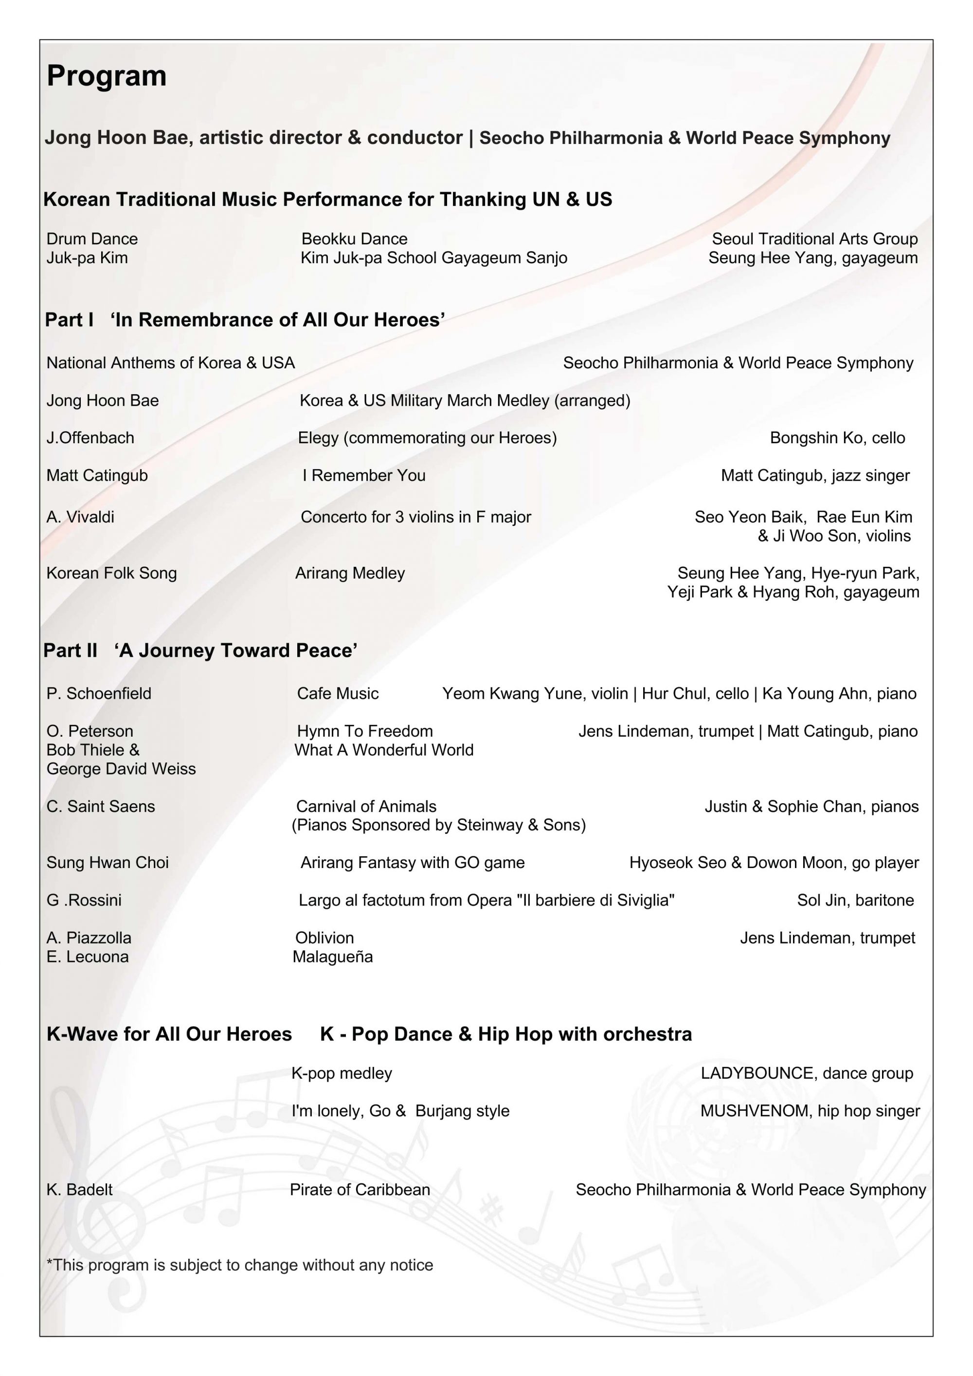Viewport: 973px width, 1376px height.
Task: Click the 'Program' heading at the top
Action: tap(107, 76)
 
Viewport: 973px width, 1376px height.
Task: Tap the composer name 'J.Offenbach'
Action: tap(90, 437)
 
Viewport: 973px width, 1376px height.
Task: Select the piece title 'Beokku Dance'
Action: tap(354, 238)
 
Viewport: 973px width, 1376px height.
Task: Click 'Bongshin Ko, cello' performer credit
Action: tap(837, 437)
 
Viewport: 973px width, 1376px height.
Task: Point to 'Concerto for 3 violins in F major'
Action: tap(416, 517)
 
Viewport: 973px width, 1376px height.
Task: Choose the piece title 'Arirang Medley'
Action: tap(350, 573)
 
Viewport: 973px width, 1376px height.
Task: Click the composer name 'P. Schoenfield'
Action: tap(99, 693)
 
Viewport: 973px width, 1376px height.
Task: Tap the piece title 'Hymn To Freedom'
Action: tap(365, 731)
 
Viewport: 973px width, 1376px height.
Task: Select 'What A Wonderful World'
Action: tap(384, 750)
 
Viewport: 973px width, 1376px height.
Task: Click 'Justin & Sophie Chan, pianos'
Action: tap(811, 806)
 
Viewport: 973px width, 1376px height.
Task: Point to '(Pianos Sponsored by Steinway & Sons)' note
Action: tap(438, 825)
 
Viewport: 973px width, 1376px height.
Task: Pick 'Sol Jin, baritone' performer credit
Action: tap(855, 900)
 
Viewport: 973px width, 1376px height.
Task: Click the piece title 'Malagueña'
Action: tap(332, 957)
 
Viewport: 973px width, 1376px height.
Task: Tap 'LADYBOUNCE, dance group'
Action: tap(807, 1073)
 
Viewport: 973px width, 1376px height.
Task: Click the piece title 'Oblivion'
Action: tap(324, 938)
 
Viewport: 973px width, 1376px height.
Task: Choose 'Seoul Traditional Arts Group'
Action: tap(814, 238)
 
